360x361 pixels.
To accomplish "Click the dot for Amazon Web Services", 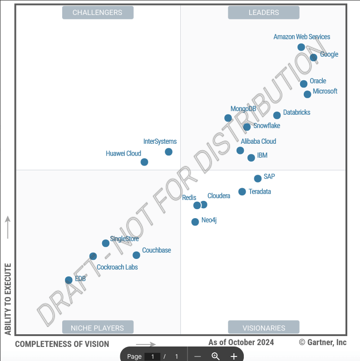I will click(301, 47).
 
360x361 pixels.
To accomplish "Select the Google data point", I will click(313, 58).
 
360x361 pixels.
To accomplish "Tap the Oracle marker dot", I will click(304, 84).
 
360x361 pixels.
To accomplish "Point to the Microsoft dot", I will click(307, 94).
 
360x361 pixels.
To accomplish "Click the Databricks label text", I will click(296, 112).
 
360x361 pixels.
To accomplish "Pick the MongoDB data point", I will click(228, 118).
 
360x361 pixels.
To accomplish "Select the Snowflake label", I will click(266, 126).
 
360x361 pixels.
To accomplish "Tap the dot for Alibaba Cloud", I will click(240, 151).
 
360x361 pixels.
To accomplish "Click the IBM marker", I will click(251, 158).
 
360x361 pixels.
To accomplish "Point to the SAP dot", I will click(258, 179).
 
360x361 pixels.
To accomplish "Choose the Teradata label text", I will click(260, 191).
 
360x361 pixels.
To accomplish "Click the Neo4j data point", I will click(195, 222).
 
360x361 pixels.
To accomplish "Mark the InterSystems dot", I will click(168, 152).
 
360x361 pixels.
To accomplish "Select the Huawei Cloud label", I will click(123, 153).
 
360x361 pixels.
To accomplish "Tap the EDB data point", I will click(69, 280).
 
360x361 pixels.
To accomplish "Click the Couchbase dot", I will click(136, 255).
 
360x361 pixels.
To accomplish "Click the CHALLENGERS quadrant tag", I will click(98, 13).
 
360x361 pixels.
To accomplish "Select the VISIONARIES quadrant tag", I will click(264, 327).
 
